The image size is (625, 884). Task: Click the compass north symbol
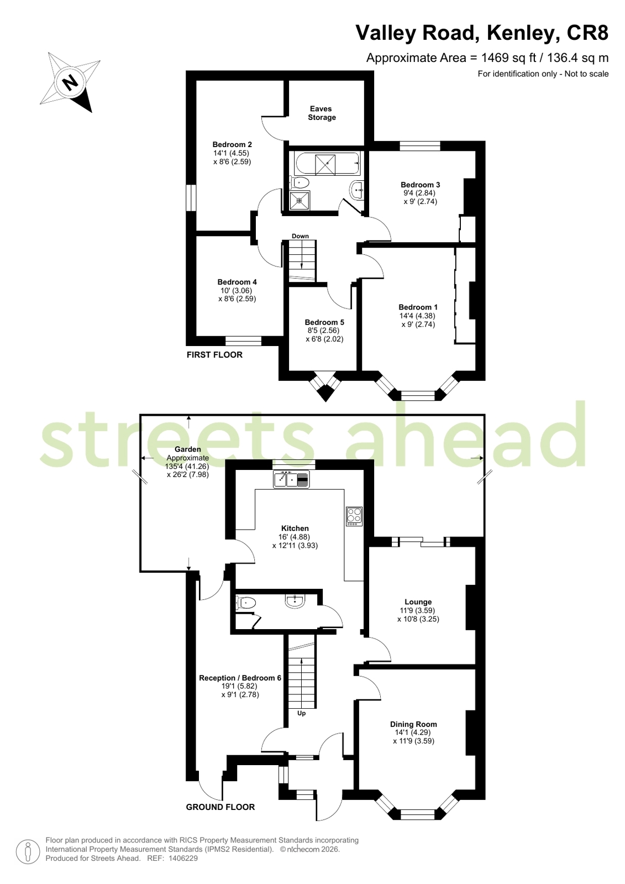(x=70, y=82)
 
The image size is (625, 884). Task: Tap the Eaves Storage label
(x=322, y=113)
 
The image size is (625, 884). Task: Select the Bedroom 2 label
(x=232, y=144)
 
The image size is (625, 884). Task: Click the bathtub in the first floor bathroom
(x=327, y=164)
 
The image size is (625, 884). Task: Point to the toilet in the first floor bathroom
(x=300, y=182)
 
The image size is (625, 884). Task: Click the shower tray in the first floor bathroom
(x=300, y=201)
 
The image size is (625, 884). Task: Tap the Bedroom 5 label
(x=324, y=322)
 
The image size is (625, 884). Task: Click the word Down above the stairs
(x=300, y=236)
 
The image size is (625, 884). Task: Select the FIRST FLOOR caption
(x=214, y=355)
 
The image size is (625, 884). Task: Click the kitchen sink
(x=292, y=479)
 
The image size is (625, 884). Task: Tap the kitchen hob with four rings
(x=354, y=516)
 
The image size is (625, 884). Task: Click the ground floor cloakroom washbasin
(x=295, y=601)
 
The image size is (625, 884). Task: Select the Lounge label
(x=418, y=602)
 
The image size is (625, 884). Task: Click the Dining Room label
(x=413, y=724)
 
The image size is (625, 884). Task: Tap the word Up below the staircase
(x=302, y=713)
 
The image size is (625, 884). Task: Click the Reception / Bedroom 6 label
(x=240, y=678)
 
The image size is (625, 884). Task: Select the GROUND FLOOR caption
(x=220, y=807)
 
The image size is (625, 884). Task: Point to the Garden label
(x=188, y=449)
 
